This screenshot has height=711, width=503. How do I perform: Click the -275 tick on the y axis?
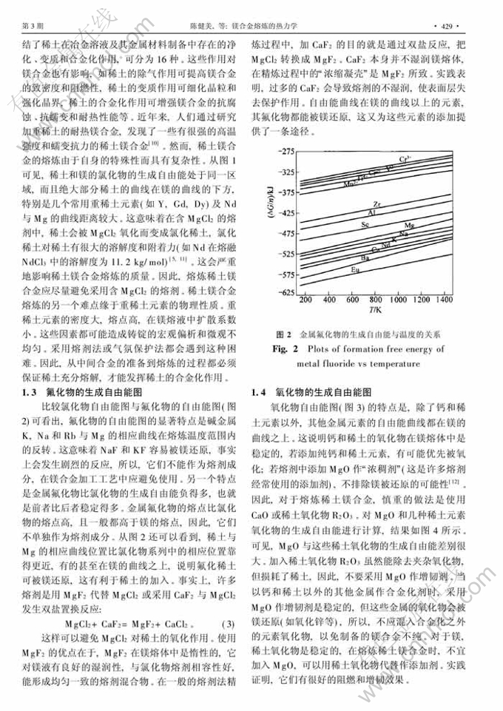click(x=285, y=151)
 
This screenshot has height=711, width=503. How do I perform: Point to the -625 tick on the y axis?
click(x=285, y=293)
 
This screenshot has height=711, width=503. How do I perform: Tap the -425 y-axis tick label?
click(x=285, y=212)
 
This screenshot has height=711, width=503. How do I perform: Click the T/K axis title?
click(x=377, y=314)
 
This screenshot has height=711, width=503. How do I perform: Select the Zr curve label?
click(x=378, y=203)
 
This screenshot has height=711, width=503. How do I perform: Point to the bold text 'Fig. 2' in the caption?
click(x=288, y=348)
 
